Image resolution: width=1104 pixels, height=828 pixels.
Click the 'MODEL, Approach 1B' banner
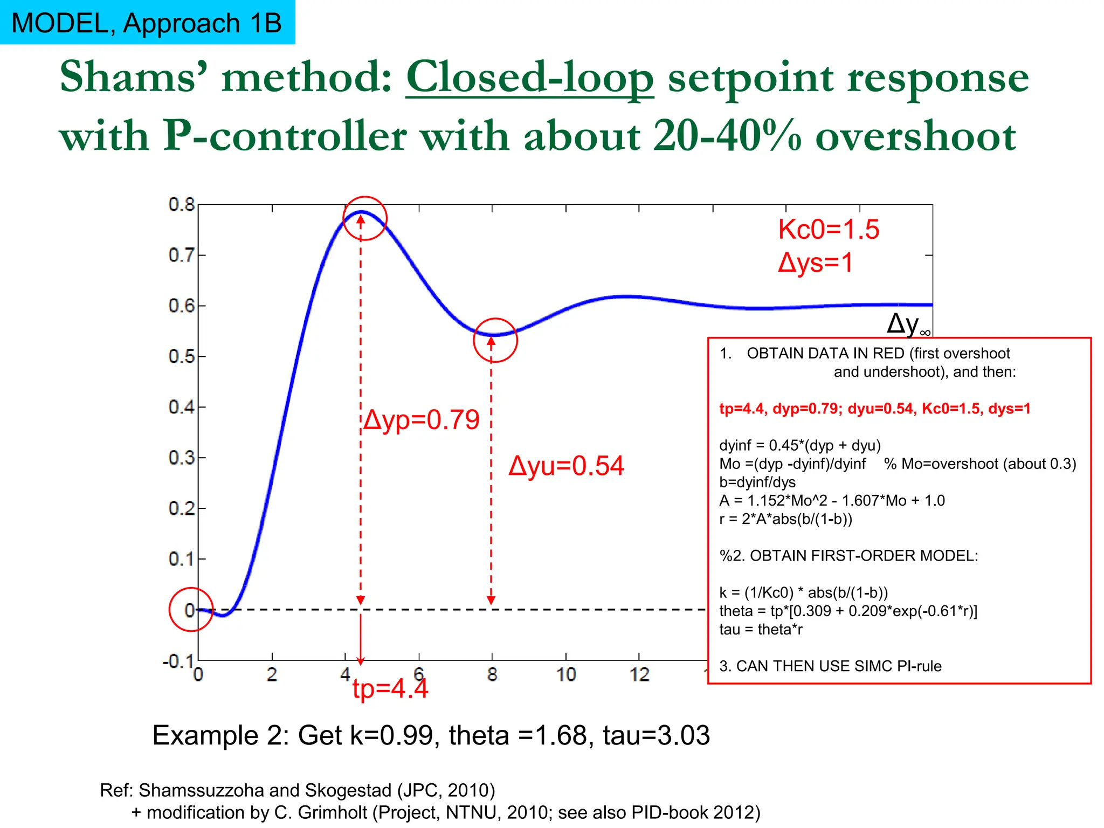coord(147,23)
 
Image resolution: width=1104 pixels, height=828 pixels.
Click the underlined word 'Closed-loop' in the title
coord(529,78)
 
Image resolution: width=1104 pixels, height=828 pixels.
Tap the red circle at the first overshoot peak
coord(365,218)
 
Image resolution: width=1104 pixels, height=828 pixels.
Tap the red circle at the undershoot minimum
coord(495,340)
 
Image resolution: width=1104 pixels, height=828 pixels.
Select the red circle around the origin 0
coord(191,610)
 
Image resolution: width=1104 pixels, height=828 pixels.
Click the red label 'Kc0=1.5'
coord(828,230)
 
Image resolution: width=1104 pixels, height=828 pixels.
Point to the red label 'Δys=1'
coord(815,263)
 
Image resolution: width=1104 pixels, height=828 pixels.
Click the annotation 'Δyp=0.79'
coord(421,420)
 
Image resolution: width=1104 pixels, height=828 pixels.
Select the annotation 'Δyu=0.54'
coord(566,466)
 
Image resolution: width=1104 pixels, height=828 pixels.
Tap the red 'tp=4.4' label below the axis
coord(390,689)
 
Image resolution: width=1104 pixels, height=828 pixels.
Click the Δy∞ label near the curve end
coord(908,324)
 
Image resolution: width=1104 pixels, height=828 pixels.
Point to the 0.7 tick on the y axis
coord(182,254)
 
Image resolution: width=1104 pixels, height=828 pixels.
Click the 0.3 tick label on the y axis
coord(182,458)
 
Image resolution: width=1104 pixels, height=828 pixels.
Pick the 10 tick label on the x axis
coord(566,674)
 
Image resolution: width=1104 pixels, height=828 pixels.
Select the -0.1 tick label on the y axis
coord(178,661)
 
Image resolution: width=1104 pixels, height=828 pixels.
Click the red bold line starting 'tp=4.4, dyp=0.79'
coord(874,409)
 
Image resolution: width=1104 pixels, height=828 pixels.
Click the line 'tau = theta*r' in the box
coord(761,630)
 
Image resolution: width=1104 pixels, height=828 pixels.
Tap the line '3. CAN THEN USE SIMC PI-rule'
coord(830,666)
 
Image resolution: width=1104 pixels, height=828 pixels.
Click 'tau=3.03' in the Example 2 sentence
coord(656,736)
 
